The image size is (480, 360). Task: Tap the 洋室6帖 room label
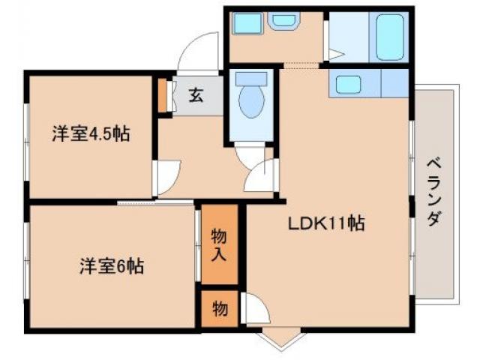click(112, 265)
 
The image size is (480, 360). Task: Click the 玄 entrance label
click(195, 95)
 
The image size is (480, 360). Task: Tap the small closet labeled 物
click(218, 307)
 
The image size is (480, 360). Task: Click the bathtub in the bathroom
click(391, 37)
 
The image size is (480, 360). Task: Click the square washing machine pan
click(245, 24)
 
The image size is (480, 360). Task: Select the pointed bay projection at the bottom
click(277, 339)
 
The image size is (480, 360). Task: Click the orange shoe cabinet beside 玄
click(163, 94)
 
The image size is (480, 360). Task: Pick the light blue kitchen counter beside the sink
click(394, 83)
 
